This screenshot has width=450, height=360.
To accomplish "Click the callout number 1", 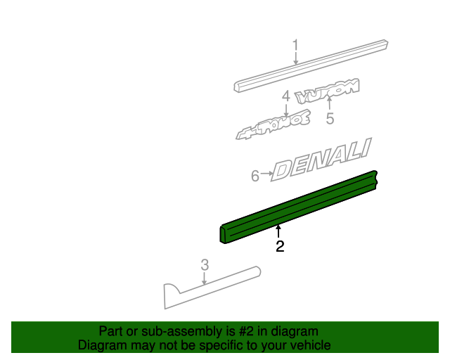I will pos(295,46).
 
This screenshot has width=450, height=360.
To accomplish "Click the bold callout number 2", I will pos(280,246).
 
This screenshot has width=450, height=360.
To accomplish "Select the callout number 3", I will pos(205,265).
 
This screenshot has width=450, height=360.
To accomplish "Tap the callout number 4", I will pos(285,96).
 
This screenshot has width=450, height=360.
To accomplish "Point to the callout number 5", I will pos(330,119).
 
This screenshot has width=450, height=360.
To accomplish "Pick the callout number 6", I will pos(255,176).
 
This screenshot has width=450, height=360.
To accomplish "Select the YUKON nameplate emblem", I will pos(328,91).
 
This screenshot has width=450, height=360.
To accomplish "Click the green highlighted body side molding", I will pos(299,206).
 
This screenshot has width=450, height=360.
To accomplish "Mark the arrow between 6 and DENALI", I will pos(267,173).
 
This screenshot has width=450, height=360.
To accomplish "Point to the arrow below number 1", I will pos(295,60).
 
